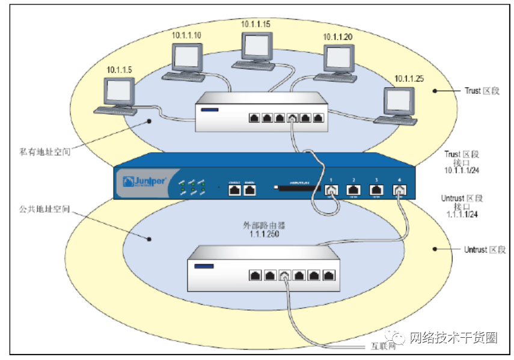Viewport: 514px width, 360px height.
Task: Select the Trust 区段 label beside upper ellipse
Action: click(x=481, y=91)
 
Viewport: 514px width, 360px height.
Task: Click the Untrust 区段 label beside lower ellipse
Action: click(x=485, y=249)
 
